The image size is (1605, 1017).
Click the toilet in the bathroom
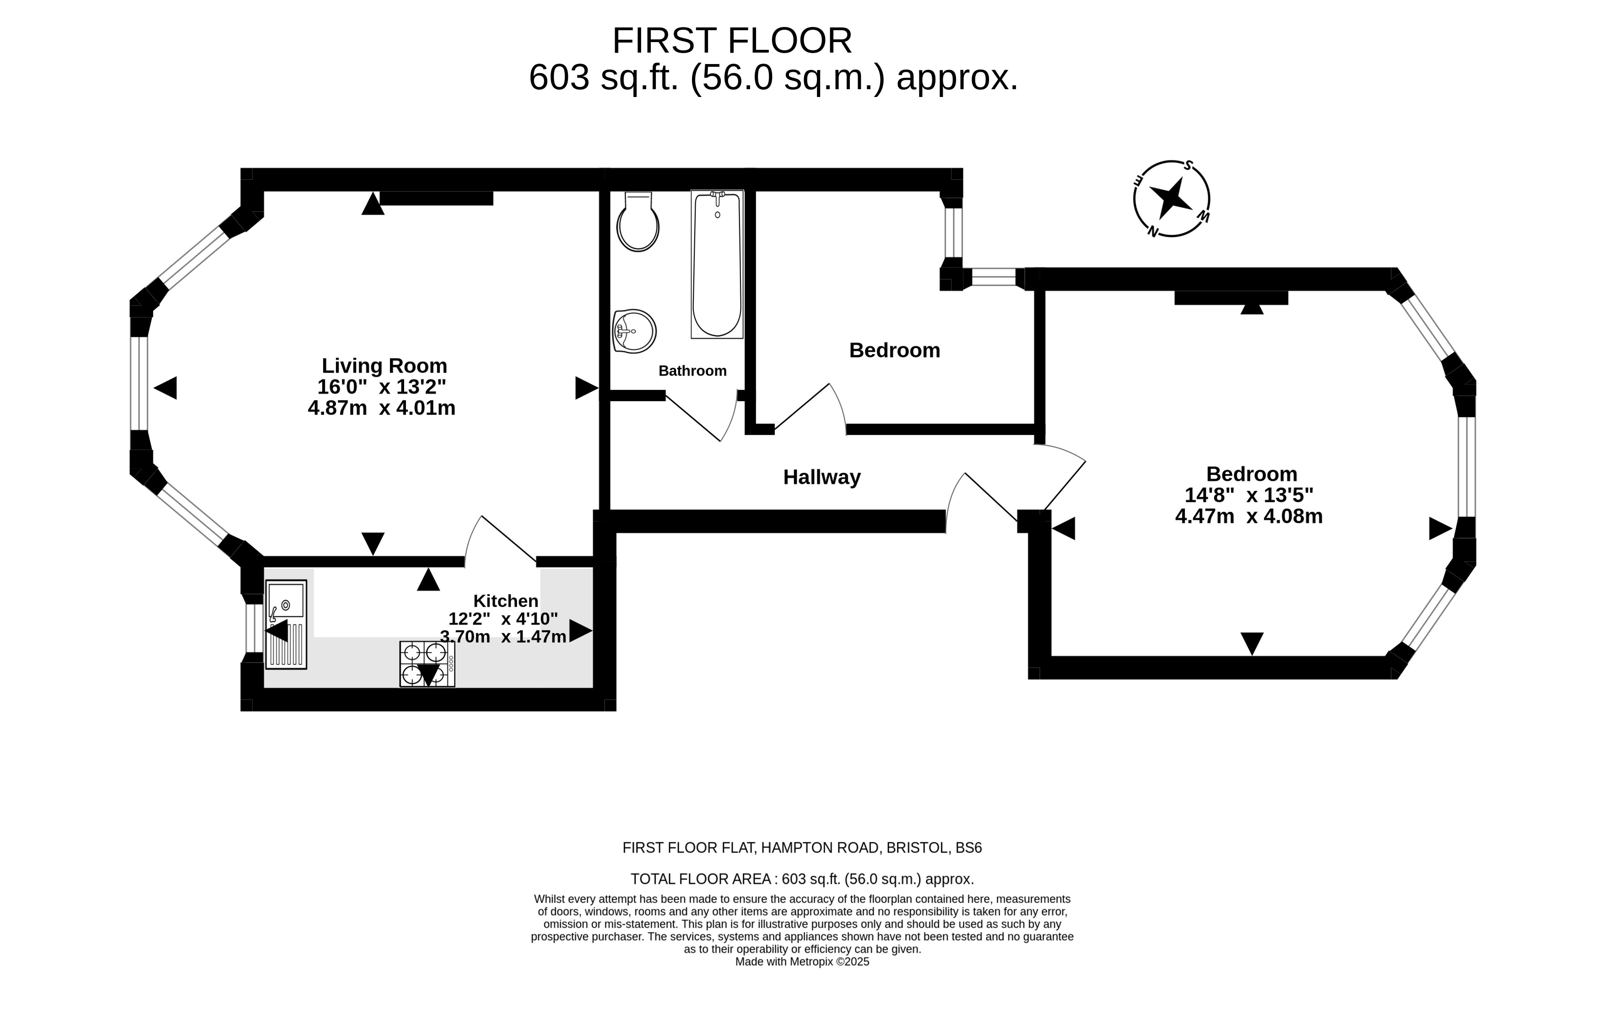coord(638,221)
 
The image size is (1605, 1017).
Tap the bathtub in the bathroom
coord(717,264)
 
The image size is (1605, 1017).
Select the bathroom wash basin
coord(634,331)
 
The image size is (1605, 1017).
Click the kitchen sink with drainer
coord(286,624)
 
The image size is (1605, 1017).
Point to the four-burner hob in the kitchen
coord(427,664)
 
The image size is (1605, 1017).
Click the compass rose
coord(1172,199)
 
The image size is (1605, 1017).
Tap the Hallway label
coord(822,477)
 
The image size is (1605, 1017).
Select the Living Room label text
coord(384,366)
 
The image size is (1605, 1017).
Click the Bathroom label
coord(692,371)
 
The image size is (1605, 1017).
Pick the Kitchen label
coord(506,601)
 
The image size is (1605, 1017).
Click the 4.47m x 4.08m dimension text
coord(1249,517)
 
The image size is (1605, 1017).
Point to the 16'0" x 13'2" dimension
coord(382,387)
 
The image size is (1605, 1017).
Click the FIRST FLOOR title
coord(732,41)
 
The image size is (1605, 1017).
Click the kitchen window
coord(254,628)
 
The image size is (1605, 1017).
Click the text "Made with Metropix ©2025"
coord(803,962)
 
